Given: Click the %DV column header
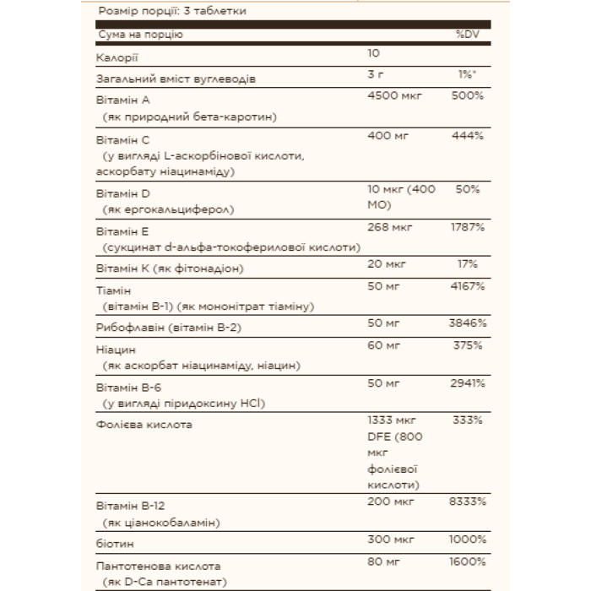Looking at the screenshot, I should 468,35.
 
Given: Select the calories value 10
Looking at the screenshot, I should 375,54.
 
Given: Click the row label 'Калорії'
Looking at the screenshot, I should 117,57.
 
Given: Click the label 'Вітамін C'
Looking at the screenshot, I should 123,140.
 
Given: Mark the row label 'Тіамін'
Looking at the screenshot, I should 116,290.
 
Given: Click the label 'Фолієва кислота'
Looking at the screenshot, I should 144,424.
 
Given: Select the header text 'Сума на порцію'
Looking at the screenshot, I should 140,35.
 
